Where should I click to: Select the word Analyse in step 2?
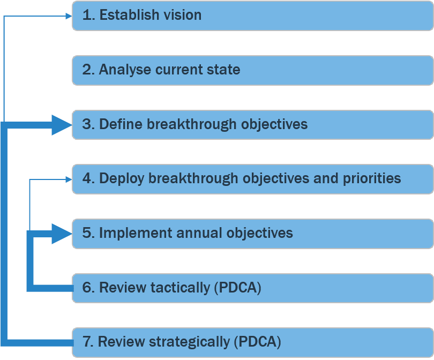[125, 70]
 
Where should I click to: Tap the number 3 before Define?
[87, 124]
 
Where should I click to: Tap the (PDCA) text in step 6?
[237, 287]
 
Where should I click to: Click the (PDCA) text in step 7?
[257, 341]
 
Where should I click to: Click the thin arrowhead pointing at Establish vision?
[69, 16]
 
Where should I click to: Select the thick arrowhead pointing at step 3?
[62, 125]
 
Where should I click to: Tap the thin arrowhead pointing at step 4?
[69, 179]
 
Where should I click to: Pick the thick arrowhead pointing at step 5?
[62, 234]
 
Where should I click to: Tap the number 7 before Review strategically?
[87, 341]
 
